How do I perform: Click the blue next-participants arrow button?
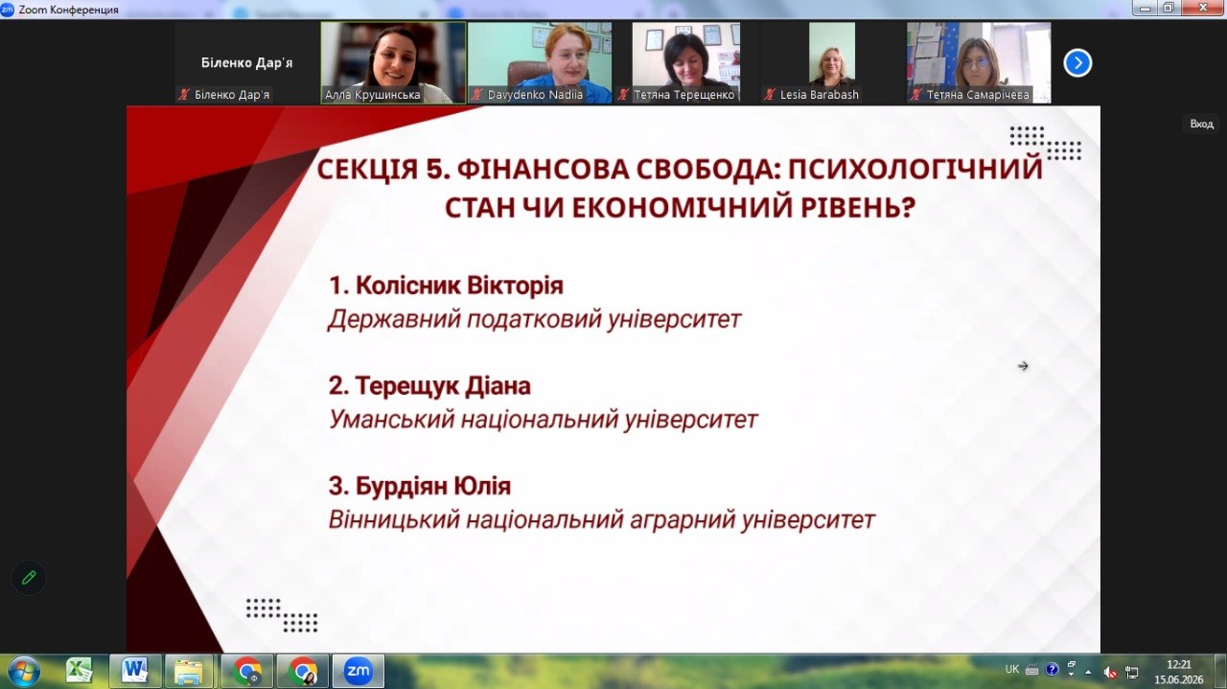tap(1077, 63)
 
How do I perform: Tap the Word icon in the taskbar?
tap(135, 671)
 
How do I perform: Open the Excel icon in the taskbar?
tap(79, 671)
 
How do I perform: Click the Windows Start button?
tap(24, 671)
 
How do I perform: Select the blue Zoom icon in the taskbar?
tap(359, 671)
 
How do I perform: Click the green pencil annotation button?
tap(29, 577)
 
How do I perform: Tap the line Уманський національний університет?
tap(543, 420)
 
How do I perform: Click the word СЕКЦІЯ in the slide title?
tap(367, 169)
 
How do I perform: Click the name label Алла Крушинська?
tap(373, 95)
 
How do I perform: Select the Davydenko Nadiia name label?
tap(535, 95)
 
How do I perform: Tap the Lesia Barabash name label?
tap(819, 95)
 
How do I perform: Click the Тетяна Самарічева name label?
tap(978, 95)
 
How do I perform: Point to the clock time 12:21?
tap(1179, 665)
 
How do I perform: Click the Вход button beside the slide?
tap(1201, 125)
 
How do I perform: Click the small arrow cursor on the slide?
tap(1023, 366)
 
